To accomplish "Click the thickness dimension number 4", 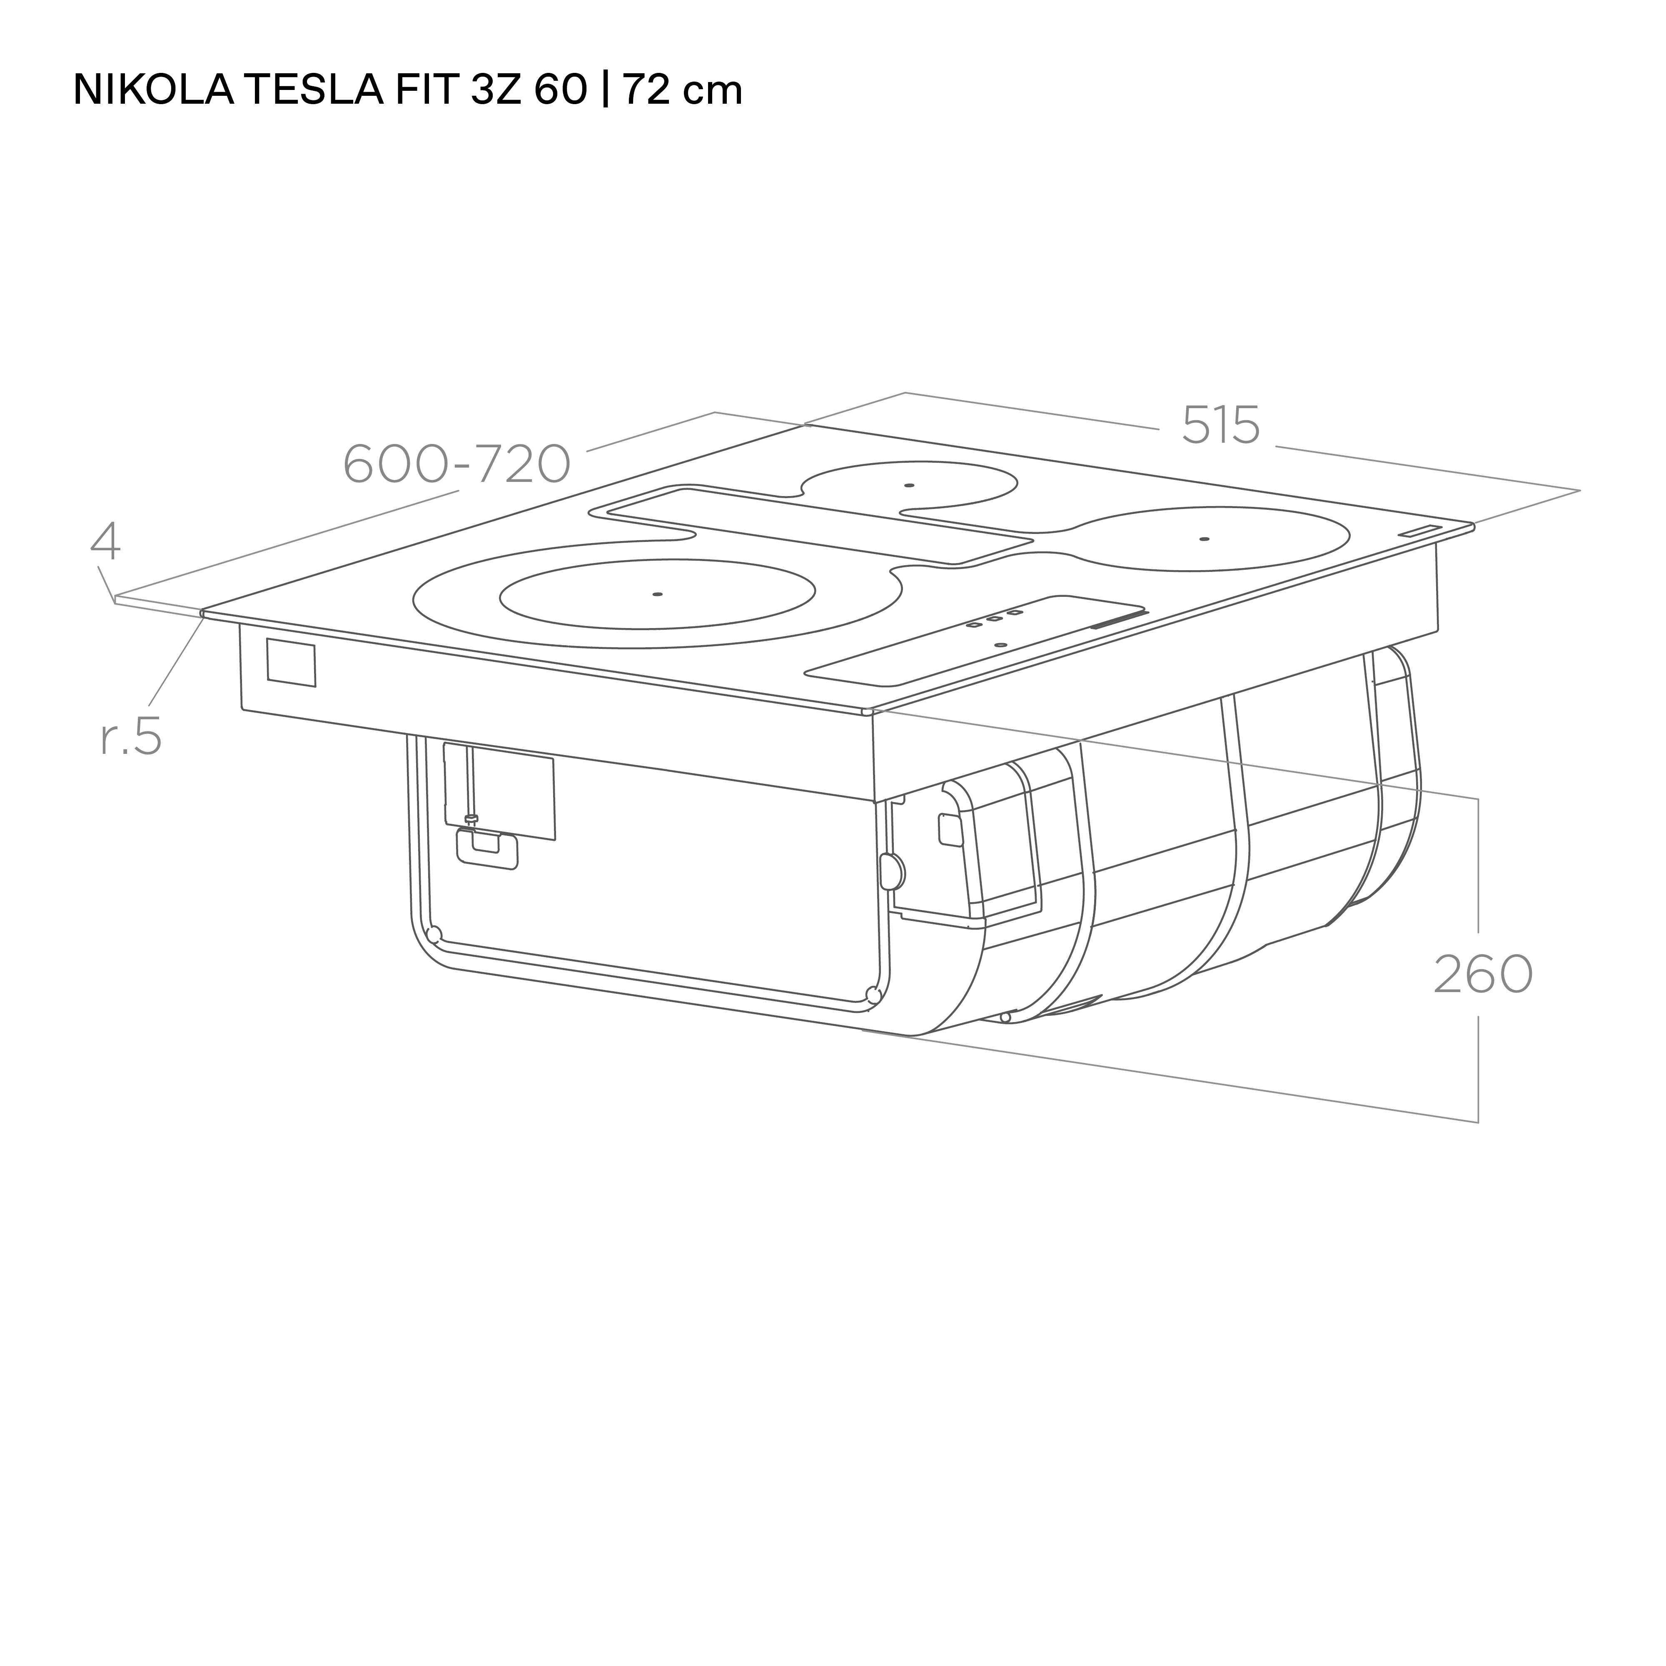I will click(x=105, y=541).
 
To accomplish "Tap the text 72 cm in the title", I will click(x=681, y=90).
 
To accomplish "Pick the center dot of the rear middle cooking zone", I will click(x=909, y=486).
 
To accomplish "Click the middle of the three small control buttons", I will click(x=993, y=618).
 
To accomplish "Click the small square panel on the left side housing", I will click(x=291, y=662).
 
